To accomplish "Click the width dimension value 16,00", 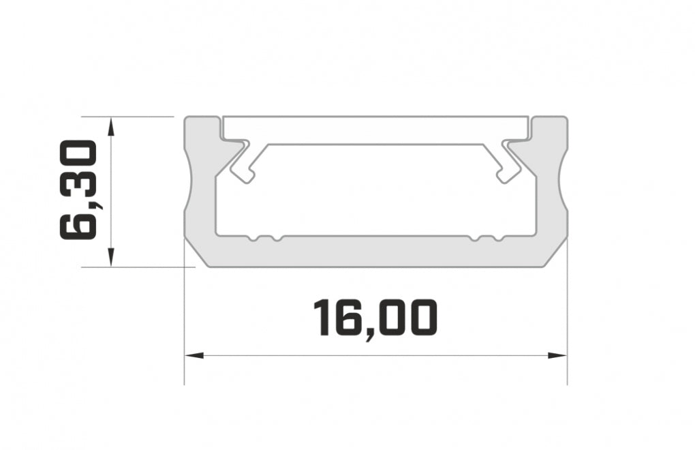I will coord(374,319).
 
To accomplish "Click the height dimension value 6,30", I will coord(79,189).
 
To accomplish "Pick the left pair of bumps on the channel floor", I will coord(264,239).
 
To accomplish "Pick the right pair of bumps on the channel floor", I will coord(488,239).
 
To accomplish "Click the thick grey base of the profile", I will coord(375,252).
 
